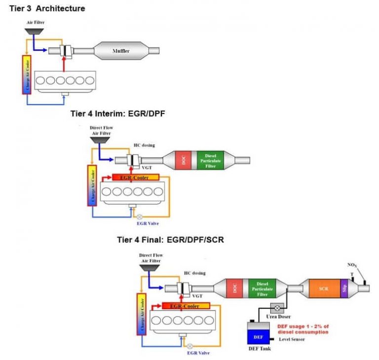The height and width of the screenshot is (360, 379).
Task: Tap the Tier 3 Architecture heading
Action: pos(47,8)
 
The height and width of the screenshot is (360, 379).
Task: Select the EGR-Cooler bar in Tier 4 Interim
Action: pos(136,177)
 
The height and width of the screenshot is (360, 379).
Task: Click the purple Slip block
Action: pos(344,288)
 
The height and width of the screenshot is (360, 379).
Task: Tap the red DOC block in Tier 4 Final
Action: pos(234,288)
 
